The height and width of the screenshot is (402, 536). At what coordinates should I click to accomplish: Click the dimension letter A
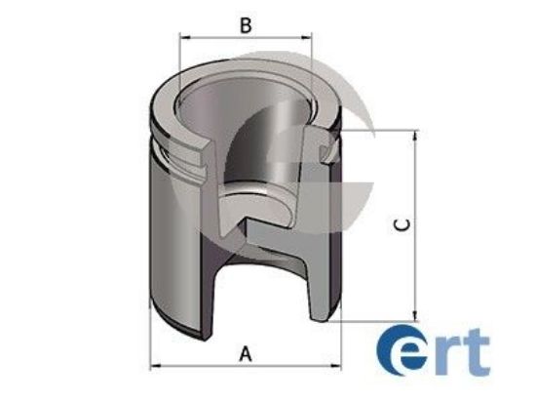(x=246, y=353)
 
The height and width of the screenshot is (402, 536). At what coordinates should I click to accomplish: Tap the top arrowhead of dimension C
(x=416, y=132)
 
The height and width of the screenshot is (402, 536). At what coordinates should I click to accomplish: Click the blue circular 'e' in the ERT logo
(x=402, y=354)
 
